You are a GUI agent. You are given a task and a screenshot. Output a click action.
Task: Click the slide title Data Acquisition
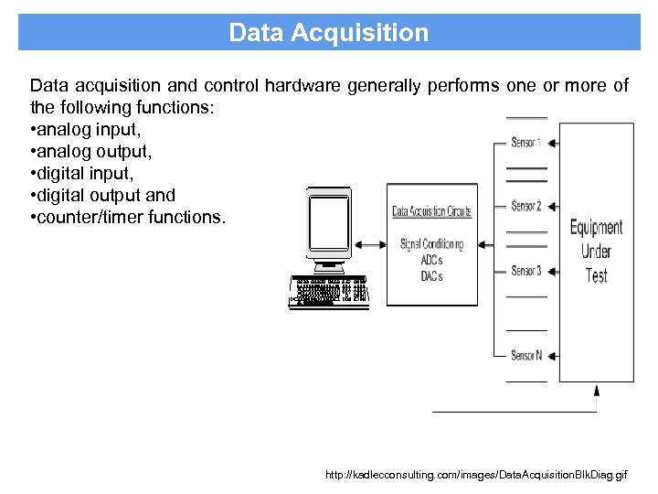(328, 33)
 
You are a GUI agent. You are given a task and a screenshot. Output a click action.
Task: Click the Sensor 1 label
(526, 142)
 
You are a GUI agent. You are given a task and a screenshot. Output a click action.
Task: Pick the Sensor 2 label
(526, 206)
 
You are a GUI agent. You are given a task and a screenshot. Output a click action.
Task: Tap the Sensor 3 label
(526, 271)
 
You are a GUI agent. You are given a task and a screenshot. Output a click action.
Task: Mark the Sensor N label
(526, 355)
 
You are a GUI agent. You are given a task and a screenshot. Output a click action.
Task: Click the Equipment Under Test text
(596, 251)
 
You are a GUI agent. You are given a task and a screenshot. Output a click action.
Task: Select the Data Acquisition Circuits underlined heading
(431, 211)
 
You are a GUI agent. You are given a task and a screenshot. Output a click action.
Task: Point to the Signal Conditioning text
(431, 244)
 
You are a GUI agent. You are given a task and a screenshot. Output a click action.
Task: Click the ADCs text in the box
(431, 260)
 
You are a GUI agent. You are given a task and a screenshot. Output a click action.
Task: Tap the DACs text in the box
(431, 275)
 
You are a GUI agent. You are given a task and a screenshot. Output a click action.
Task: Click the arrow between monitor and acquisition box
(370, 244)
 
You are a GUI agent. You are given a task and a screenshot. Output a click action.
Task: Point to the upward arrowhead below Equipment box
(596, 391)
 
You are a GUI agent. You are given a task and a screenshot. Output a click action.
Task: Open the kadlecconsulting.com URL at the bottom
(476, 476)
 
